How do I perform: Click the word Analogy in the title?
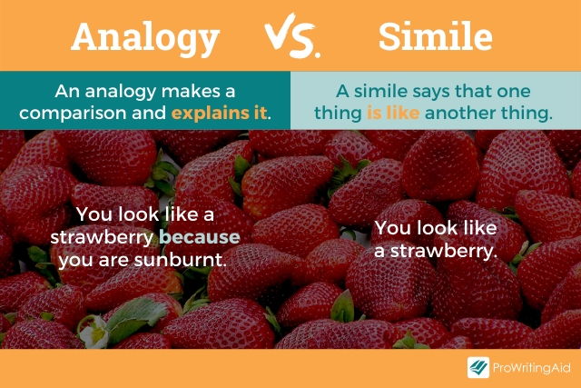(145, 37)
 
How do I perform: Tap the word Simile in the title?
(435, 37)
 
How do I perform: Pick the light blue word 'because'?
(201, 237)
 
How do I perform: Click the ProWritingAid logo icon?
(478, 368)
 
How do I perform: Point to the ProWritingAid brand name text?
(530, 368)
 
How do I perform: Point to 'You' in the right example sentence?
(392, 228)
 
